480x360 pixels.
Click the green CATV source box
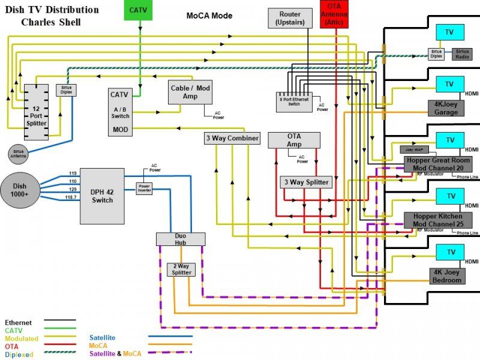[x=141, y=11]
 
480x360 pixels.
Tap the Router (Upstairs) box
[x=290, y=19]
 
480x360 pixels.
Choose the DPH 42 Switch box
[x=102, y=196]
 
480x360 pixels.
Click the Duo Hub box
[x=181, y=239]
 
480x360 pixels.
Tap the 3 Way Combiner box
[x=232, y=139]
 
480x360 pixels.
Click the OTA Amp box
[x=294, y=140]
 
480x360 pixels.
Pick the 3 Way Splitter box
[x=305, y=182]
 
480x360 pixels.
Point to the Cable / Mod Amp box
[x=190, y=92]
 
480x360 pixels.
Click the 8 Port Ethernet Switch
[x=295, y=100]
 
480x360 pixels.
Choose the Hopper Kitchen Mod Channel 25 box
[x=438, y=220]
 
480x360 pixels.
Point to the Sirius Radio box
[x=461, y=54]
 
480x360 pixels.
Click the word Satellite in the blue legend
[x=102, y=338]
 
